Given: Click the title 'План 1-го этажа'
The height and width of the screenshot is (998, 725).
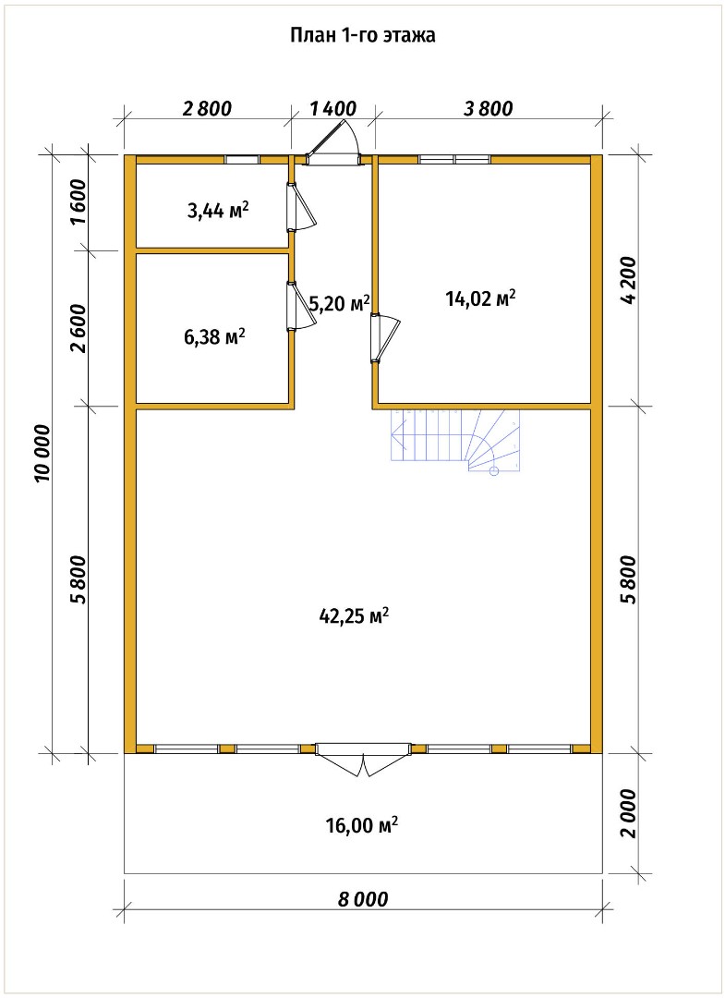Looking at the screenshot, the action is [363, 36].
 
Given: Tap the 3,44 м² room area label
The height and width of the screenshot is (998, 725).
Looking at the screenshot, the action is [218, 210].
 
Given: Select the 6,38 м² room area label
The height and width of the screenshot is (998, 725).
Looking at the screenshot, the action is [215, 336].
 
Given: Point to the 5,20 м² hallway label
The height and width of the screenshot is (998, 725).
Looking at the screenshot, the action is [339, 304].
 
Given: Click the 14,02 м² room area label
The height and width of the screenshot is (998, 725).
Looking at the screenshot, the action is [480, 298].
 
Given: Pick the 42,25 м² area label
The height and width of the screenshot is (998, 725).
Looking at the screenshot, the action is [353, 615].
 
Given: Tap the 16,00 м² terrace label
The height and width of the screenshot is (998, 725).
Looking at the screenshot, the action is [362, 825].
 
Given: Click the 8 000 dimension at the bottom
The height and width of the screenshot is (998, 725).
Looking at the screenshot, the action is [362, 899].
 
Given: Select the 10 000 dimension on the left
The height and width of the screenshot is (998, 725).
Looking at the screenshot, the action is [42, 453].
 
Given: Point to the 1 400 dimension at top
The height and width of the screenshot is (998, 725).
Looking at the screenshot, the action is [333, 108].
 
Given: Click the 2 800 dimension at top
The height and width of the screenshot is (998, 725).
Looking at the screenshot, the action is [207, 108].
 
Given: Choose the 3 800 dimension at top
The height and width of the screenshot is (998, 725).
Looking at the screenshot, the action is [488, 108].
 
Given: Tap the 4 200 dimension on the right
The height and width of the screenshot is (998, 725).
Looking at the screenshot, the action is [628, 281].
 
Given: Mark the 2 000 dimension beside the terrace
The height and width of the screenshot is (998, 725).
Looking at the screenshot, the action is [628, 813].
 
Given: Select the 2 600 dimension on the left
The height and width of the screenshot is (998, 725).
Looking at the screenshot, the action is [79, 328].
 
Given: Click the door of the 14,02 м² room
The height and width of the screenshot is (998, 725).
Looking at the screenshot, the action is [385, 338].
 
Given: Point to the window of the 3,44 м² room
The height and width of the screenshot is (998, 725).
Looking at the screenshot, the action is [242, 159].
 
